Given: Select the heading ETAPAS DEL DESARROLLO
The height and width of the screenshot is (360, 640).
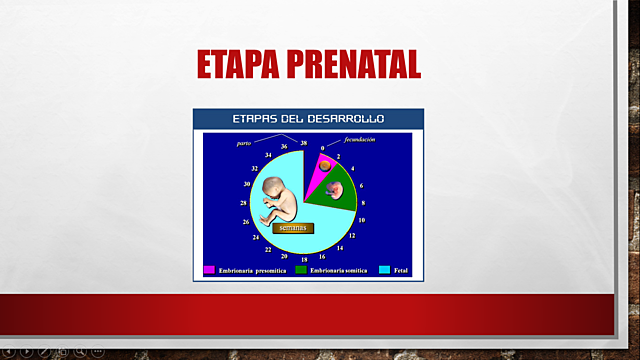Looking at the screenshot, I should click(308, 119).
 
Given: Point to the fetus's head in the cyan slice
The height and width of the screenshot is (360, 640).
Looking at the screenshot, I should click(272, 186).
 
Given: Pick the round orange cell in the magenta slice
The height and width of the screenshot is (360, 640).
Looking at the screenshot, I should click(324, 162).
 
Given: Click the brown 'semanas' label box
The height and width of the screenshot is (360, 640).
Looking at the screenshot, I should click(294, 227).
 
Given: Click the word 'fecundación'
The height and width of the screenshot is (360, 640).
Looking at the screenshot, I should click(360, 140).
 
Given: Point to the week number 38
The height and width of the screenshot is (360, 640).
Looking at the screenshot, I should click(303, 146).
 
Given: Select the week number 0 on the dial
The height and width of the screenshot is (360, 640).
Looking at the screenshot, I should click(322, 148).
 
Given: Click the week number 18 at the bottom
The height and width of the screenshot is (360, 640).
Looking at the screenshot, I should click(303, 259).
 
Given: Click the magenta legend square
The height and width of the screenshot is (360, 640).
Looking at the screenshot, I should click(210, 270).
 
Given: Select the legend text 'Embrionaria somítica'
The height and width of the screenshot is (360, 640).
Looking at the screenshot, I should click(339, 270).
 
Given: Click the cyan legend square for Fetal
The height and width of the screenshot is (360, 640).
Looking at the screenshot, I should click(385, 270).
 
